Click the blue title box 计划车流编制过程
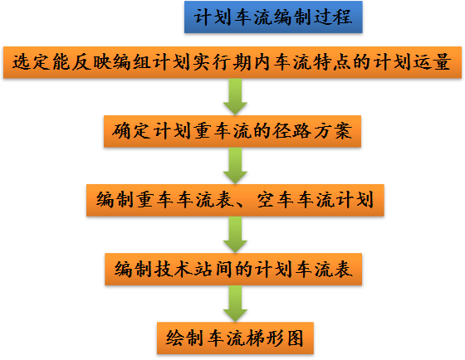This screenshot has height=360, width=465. point(273,17)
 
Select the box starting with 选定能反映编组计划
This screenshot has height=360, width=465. point(232,62)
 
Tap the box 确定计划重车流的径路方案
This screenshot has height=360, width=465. point(233,130)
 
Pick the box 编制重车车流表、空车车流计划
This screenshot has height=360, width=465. point(235,200)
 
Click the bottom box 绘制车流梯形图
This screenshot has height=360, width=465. point(235,337)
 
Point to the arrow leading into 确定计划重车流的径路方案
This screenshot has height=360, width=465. point(235,96)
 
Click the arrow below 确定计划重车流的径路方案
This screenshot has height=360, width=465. point(235,165)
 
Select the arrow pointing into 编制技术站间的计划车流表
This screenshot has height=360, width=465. point(235,235)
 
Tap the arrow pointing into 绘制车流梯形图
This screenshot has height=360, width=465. point(235,303)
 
